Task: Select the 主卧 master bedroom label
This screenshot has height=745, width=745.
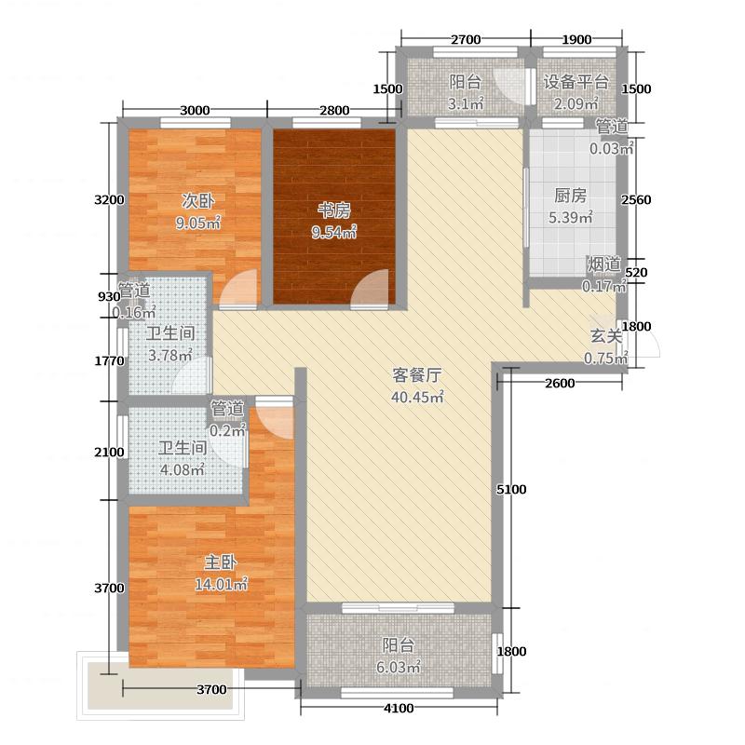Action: (219, 562)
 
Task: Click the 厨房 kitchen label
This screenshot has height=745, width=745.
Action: (570, 196)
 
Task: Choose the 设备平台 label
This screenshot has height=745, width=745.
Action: (576, 81)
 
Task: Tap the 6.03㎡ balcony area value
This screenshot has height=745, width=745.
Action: (402, 668)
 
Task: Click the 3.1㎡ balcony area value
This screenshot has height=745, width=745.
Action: (466, 102)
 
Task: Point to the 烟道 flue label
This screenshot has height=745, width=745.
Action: (603, 264)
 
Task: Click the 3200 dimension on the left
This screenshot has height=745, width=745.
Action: (109, 200)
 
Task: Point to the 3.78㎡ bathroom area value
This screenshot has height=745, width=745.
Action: (171, 355)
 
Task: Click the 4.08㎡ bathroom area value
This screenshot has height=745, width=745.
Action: (183, 469)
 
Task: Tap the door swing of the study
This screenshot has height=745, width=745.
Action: (374, 288)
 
